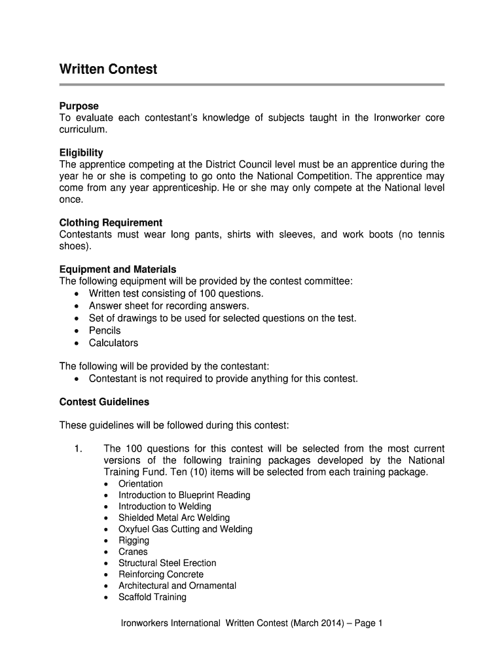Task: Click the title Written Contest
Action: pyautogui.click(x=108, y=69)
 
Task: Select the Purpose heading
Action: pyautogui.click(x=79, y=106)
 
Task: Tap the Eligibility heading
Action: pyautogui.click(x=81, y=152)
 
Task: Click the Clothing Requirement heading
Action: pyautogui.click(x=111, y=222)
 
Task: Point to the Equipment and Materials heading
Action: pyautogui.click(x=118, y=269)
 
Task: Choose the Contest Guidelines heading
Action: pyautogui.click(x=104, y=402)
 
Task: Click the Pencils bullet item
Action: pyautogui.click(x=105, y=330)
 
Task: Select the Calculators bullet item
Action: pyautogui.click(x=113, y=343)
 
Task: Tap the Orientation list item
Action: pyautogui.click(x=140, y=484)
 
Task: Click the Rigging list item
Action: pyautogui.click(x=134, y=540)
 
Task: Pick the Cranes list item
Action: pyautogui.click(x=133, y=552)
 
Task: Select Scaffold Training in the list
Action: pyautogui.click(x=152, y=597)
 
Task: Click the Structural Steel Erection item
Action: pyautogui.click(x=167, y=563)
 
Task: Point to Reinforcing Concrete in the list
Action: pyautogui.click(x=160, y=574)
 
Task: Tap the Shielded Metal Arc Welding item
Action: pyautogui.click(x=173, y=518)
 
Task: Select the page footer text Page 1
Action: pyautogui.click(x=367, y=624)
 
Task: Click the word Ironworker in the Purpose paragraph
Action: pyautogui.click(x=399, y=118)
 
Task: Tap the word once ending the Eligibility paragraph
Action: pyautogui.click(x=71, y=200)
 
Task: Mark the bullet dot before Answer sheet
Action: pyautogui.click(x=77, y=306)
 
